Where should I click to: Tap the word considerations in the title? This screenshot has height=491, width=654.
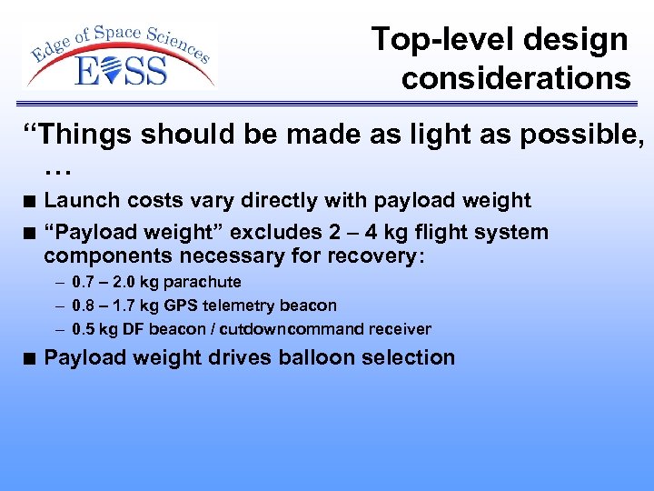pyautogui.click(x=516, y=79)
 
